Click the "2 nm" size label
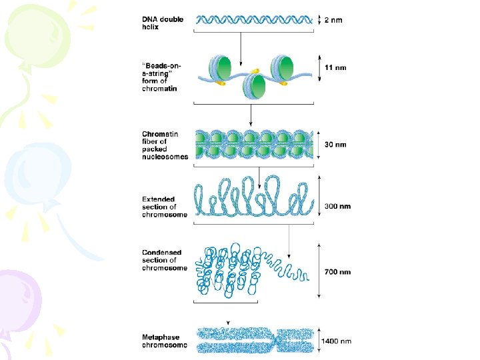(x=334, y=20)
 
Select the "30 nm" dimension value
(x=335, y=145)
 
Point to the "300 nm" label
(x=337, y=207)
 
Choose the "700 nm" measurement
(x=337, y=272)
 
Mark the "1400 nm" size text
(x=337, y=341)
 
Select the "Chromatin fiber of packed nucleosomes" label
(x=165, y=145)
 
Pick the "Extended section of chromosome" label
(x=165, y=207)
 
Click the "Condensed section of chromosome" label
(x=165, y=260)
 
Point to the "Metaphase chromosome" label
(x=164, y=341)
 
